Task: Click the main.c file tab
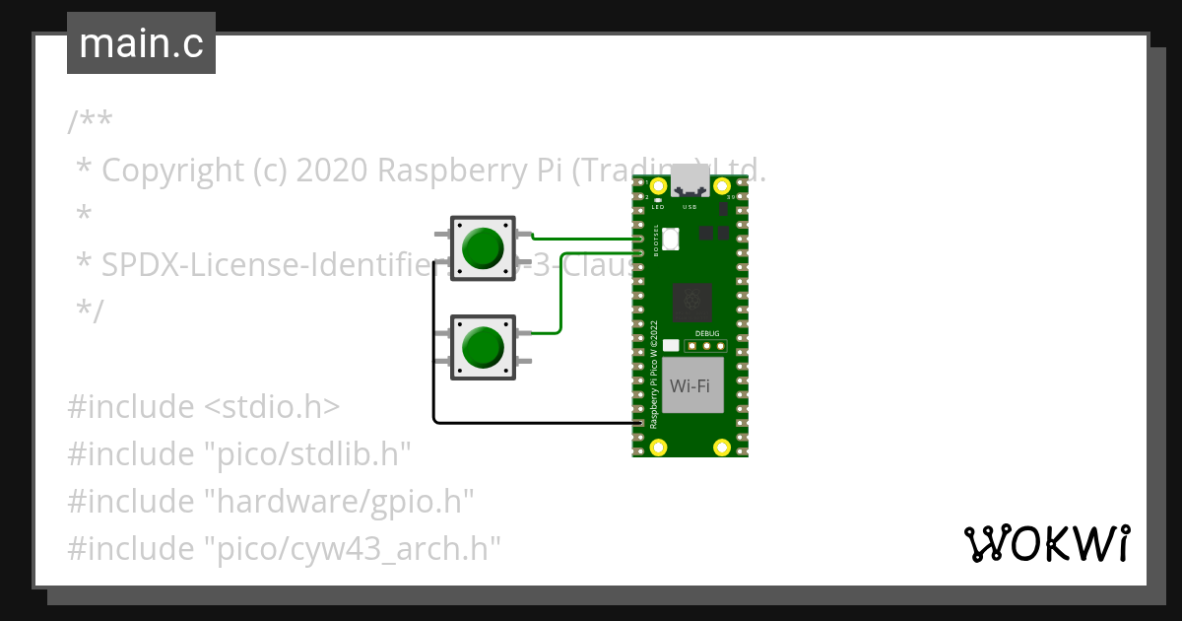pos(141,43)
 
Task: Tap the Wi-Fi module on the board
pos(690,385)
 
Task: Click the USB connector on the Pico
pos(690,182)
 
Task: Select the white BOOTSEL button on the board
pos(671,238)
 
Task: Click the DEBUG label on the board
pos(707,333)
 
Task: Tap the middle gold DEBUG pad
pos(707,346)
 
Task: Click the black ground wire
pos(532,423)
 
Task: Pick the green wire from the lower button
pos(561,296)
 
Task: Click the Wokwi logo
pos(1046,543)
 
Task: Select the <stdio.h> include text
pos(271,406)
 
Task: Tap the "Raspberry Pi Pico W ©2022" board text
pos(654,373)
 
